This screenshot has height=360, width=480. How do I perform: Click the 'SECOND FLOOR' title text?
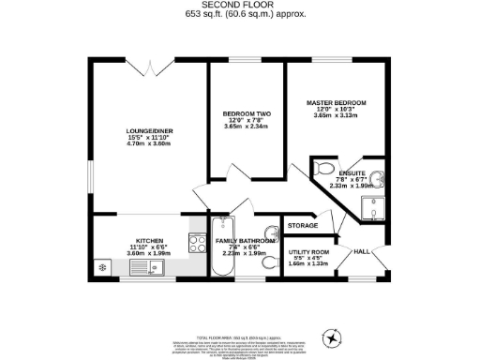pyautogui.click(x=239, y=6)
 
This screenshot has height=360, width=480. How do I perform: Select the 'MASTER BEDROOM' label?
pyautogui.click(x=336, y=101)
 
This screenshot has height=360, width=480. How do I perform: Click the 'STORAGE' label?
pyautogui.click(x=302, y=226)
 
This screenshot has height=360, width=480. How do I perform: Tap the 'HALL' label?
pyautogui.click(x=361, y=250)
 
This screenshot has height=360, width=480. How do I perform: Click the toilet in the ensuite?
pyautogui.click(x=323, y=170)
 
